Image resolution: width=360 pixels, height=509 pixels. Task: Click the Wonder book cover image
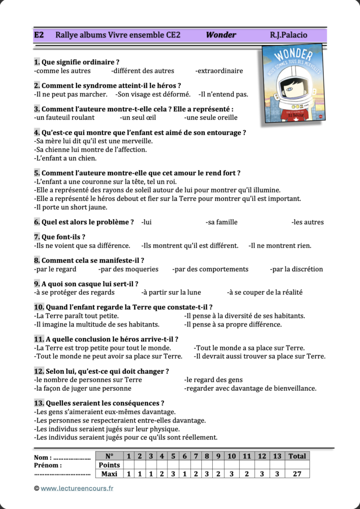pyautogui.click(x=293, y=84)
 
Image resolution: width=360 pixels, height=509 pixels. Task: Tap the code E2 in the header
pyautogui.click(x=39, y=35)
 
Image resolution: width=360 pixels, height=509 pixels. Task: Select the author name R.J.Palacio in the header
pyautogui.click(x=288, y=35)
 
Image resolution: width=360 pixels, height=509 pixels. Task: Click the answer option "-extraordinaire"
pyautogui.click(x=219, y=71)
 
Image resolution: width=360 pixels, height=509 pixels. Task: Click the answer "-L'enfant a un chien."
pyautogui.click(x=65, y=158)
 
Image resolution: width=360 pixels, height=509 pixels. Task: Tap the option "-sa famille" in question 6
pyautogui.click(x=221, y=222)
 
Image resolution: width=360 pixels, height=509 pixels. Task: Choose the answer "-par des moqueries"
pyautogui.click(x=128, y=269)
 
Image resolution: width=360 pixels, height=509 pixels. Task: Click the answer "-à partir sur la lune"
pyautogui.click(x=171, y=292)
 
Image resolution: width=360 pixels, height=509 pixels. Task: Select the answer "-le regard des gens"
pyautogui.click(x=213, y=380)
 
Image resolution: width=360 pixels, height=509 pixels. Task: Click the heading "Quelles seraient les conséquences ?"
pyautogui.click(x=104, y=403)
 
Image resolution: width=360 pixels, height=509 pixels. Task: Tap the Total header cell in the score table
pyautogui.click(x=297, y=456)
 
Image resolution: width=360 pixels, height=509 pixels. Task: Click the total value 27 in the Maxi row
pyautogui.click(x=297, y=474)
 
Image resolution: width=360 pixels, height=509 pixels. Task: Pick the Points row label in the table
pyautogui.click(x=109, y=465)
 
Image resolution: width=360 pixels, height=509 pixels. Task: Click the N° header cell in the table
pyautogui.click(x=109, y=456)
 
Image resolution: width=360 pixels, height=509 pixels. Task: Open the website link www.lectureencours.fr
pyautogui.click(x=77, y=488)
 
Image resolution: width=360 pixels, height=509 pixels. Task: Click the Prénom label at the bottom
pyautogui.click(x=48, y=465)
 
